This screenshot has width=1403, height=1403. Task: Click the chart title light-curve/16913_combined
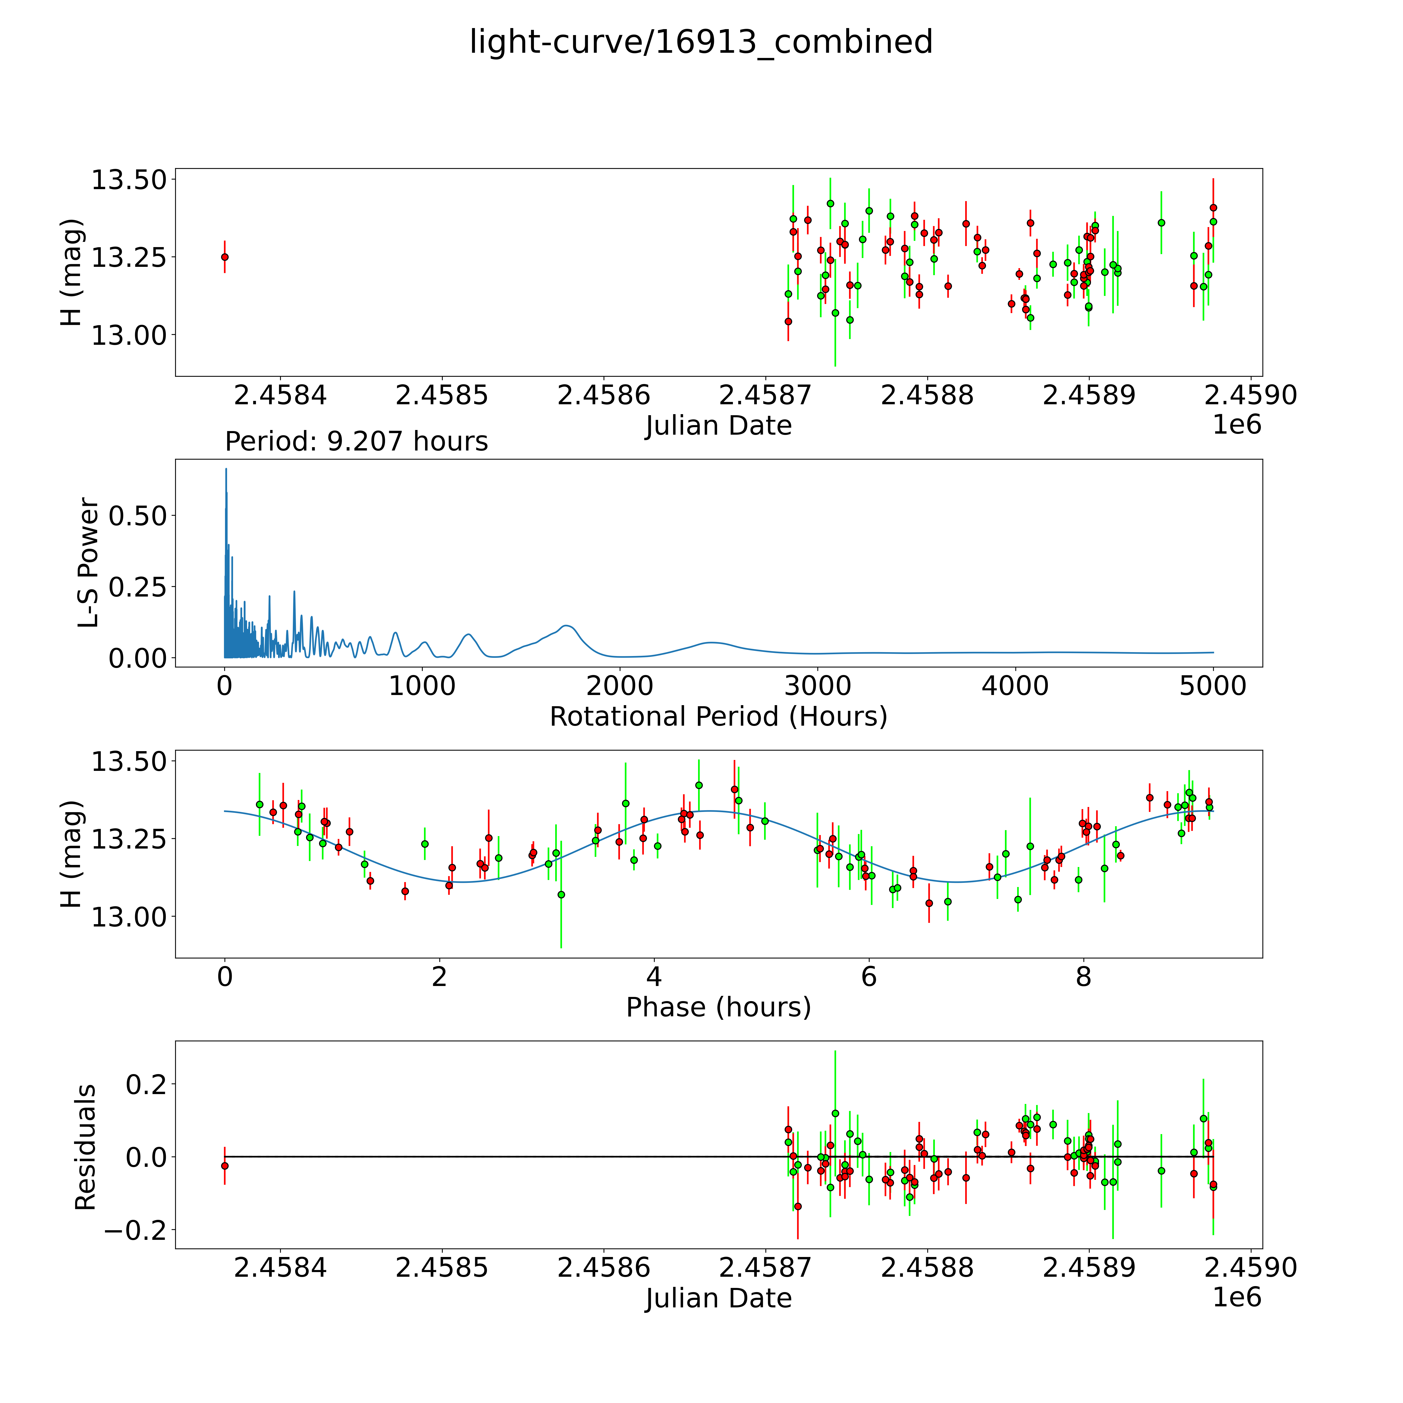click(x=701, y=42)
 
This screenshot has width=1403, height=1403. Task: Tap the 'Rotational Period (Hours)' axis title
click(x=718, y=717)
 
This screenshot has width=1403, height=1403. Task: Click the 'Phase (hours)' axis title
click(x=718, y=1007)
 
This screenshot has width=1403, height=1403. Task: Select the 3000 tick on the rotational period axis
click(x=818, y=686)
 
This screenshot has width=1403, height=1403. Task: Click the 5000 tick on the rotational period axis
click(x=1213, y=686)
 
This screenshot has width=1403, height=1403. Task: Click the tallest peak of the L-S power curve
click(x=226, y=469)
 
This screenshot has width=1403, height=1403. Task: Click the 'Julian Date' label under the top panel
click(x=718, y=426)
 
